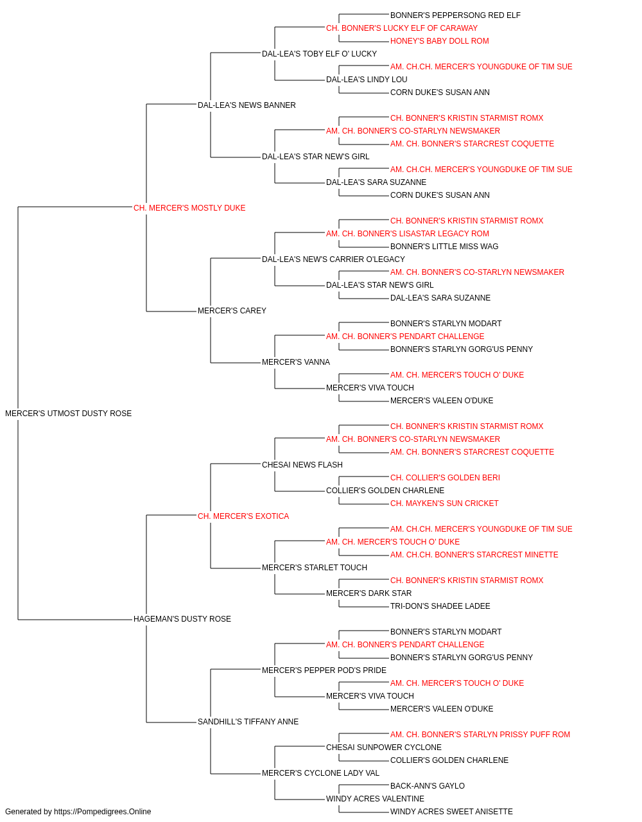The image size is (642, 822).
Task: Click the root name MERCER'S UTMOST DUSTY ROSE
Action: pos(69,414)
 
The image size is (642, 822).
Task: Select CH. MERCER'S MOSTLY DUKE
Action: pos(189,208)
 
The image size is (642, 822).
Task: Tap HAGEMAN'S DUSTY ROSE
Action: pos(182,619)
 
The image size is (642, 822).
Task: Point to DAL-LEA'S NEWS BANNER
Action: pos(247,105)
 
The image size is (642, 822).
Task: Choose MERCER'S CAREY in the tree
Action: pos(232,311)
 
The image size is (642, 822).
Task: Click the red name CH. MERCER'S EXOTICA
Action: pos(243,516)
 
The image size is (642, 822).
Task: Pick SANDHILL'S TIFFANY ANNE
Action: pos(248,722)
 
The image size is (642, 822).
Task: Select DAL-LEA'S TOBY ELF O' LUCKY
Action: pos(320,54)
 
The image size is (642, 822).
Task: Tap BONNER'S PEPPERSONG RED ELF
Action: pos(455,15)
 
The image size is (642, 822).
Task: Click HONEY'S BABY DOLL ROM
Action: pos(440,41)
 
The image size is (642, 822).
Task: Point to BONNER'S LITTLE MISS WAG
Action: pos(444,246)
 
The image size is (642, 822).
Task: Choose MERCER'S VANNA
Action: pos(296,362)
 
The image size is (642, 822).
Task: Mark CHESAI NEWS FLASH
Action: pos(302,465)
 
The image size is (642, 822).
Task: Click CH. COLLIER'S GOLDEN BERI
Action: pos(445,478)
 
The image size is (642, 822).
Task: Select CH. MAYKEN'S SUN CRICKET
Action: pos(444,503)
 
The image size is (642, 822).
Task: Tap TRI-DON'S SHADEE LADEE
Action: pos(440,606)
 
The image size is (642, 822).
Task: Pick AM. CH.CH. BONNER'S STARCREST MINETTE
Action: pos(474,555)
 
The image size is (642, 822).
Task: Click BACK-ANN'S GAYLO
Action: pos(427,786)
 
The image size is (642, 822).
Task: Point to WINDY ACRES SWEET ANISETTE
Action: pos(451,812)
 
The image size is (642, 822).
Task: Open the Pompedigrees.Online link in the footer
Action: pos(102,812)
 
